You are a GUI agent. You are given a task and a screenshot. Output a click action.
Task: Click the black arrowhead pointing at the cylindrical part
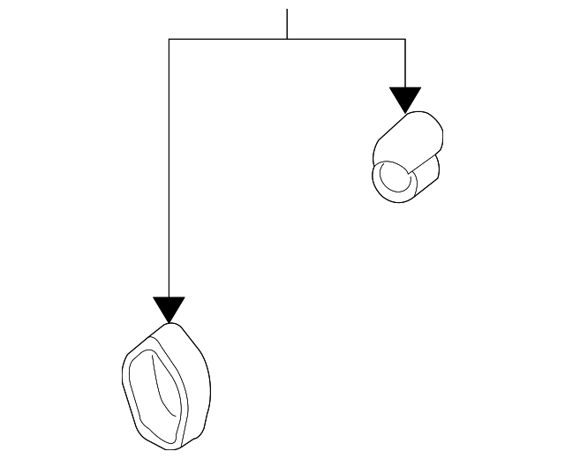[x=405, y=98]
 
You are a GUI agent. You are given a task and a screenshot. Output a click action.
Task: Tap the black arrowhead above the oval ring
[x=169, y=308]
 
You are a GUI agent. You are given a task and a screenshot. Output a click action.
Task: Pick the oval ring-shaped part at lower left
[x=165, y=385]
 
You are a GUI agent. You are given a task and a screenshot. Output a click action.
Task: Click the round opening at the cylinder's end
[x=395, y=179]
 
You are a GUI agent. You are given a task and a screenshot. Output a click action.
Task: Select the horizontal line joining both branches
[x=230, y=39]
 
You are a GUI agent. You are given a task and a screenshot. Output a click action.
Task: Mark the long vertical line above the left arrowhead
[x=169, y=168]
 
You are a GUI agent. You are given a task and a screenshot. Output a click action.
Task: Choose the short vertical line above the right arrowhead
[x=405, y=62]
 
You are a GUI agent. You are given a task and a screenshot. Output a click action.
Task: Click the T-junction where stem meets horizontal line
[x=287, y=39]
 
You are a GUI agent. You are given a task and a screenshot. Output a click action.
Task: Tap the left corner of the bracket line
[x=169, y=39]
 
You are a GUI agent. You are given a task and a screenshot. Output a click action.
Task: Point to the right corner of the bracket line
[x=405, y=39]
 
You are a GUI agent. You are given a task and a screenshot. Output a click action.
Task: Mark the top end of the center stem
[x=287, y=10]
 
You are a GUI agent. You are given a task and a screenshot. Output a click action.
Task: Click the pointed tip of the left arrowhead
[x=169, y=322]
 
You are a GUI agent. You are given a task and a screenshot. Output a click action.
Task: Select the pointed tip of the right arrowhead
[x=405, y=112]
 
